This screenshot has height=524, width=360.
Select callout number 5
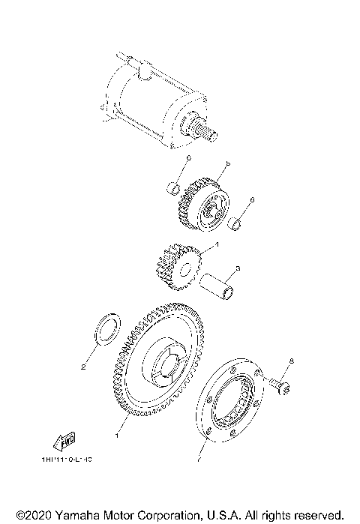tap(227, 163)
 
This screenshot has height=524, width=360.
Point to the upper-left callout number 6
tap(190, 158)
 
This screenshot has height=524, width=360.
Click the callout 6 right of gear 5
tap(252, 200)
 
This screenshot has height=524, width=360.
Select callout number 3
tap(237, 268)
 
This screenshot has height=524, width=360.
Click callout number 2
tap(84, 367)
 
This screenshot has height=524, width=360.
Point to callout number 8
tap(292, 361)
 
